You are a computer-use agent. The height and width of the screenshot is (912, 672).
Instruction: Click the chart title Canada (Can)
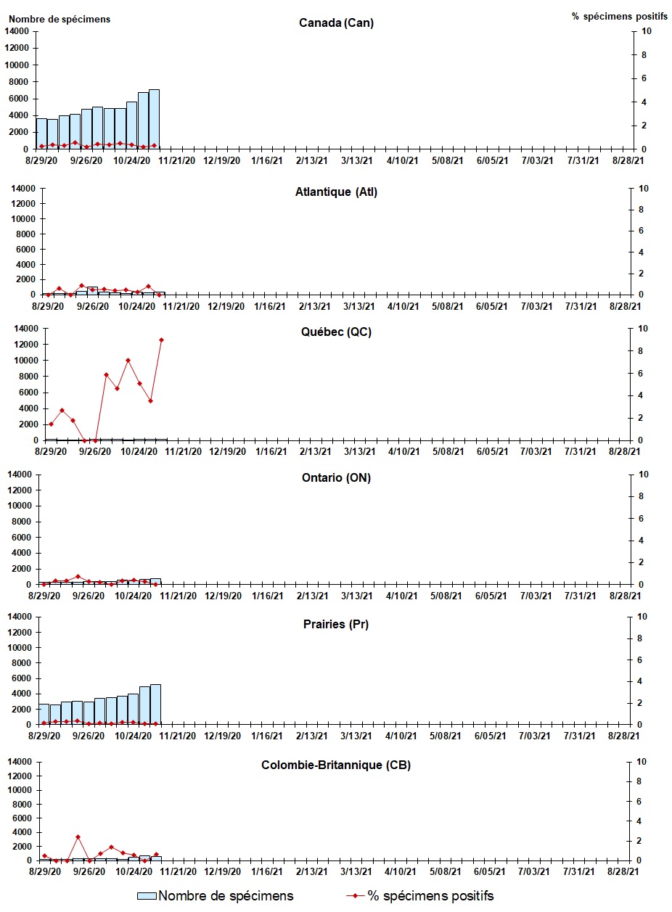(336, 23)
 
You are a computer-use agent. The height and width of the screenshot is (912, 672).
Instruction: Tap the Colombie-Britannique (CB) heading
(336, 765)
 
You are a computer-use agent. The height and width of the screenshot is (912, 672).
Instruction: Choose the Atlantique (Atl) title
(336, 192)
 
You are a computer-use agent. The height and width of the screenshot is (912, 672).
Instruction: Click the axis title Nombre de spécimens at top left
(59, 19)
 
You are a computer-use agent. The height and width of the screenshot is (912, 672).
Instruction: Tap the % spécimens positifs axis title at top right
(619, 16)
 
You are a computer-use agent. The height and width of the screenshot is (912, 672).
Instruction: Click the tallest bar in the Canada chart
(154, 119)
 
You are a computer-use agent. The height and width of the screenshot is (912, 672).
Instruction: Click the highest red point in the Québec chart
(162, 340)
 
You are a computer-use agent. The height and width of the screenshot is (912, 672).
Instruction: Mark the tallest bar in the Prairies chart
(155, 704)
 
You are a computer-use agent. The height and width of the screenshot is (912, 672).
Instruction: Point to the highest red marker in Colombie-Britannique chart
(78, 837)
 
